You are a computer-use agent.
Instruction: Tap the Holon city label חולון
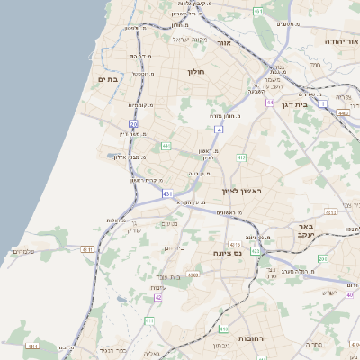point(197,72)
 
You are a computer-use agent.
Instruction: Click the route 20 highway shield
point(134,123)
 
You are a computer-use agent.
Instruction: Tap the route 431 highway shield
point(168,193)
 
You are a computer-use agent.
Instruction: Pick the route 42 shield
point(158,297)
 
